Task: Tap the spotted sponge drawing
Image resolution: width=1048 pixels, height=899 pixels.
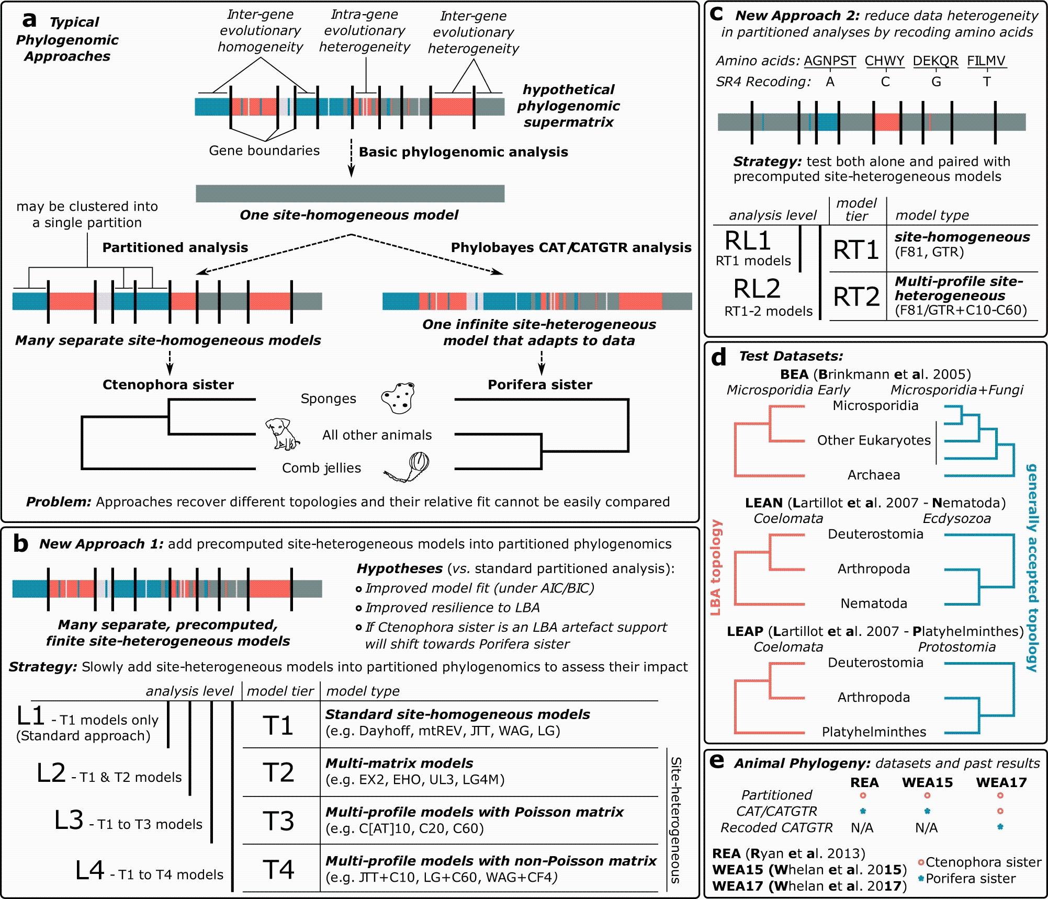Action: [398, 399]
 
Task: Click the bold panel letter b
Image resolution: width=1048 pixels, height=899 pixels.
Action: [20, 544]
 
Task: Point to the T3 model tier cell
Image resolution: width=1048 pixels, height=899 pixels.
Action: [279, 821]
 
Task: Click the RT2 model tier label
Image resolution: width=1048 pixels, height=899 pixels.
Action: [856, 297]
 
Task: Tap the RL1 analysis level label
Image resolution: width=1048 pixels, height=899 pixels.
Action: [748, 241]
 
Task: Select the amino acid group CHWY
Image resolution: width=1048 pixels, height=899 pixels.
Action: [884, 61]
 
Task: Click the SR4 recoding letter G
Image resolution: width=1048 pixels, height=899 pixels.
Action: [936, 82]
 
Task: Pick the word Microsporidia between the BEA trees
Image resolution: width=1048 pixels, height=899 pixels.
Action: [875, 405]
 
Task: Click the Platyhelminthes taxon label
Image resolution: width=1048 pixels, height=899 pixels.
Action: [874, 732]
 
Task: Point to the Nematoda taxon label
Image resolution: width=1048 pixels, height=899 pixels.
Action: [874, 603]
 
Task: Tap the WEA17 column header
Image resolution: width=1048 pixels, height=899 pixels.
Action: [1001, 782]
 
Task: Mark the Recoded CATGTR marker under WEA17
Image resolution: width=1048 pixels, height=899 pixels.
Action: [1000, 827]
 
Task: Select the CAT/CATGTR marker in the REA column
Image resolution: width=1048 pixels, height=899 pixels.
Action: [864, 811]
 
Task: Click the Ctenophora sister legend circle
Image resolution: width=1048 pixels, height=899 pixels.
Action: [921, 862]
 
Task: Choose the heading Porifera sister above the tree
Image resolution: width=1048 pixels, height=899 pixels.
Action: [540, 384]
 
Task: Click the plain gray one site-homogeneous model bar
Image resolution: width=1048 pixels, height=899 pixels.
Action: [350, 194]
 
